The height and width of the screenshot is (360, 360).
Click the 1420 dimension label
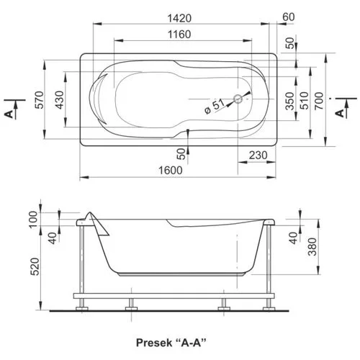pos(179,18)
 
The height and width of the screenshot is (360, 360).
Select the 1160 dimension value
pos(179,35)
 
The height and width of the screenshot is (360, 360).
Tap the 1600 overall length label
pos(171,170)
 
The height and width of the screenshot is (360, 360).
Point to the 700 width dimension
pos(319,101)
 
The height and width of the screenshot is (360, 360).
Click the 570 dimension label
pos(40,100)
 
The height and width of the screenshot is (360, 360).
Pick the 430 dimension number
pos(60,100)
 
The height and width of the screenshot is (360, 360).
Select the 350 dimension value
pos(290,101)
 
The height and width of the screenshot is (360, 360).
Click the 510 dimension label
pos(304,101)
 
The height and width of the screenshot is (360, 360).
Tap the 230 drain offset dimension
pos(258,156)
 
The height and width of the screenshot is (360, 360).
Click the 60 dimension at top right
pos(288,17)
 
